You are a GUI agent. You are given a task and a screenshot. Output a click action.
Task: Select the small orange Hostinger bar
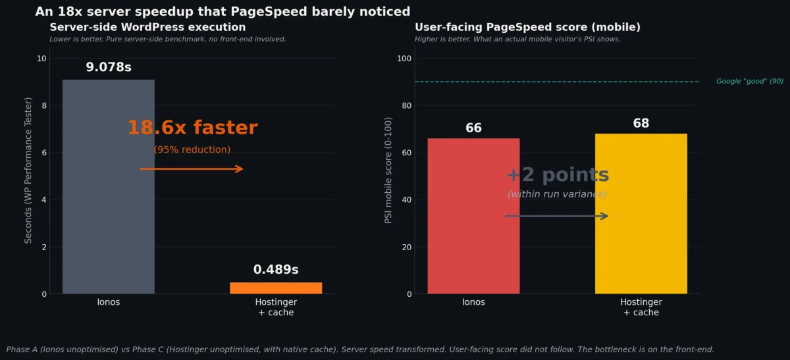point(276,288)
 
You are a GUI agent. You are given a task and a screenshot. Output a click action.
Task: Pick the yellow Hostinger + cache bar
point(641,214)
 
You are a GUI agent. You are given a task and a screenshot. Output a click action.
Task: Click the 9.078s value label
point(109,67)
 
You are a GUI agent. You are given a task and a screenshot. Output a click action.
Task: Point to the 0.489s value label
point(276,270)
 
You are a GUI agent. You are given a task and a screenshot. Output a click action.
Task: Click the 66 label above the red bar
point(473,128)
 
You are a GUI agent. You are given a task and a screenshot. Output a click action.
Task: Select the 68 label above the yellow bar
point(641,124)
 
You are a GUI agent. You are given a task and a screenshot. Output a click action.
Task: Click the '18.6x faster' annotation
point(192,128)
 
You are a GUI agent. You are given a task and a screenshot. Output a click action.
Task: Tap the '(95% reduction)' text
point(192,150)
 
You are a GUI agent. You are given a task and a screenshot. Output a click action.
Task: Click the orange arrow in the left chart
point(192,169)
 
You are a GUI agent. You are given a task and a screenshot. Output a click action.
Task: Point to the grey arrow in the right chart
point(556,216)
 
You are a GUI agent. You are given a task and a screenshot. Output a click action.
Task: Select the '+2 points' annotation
point(558,175)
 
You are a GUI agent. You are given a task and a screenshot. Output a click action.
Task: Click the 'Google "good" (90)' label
point(749,82)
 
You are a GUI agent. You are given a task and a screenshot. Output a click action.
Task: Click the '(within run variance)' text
point(557,194)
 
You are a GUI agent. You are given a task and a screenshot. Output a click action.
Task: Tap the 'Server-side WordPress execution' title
point(147,28)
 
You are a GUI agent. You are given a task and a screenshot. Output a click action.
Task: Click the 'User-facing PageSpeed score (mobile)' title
point(527,28)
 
